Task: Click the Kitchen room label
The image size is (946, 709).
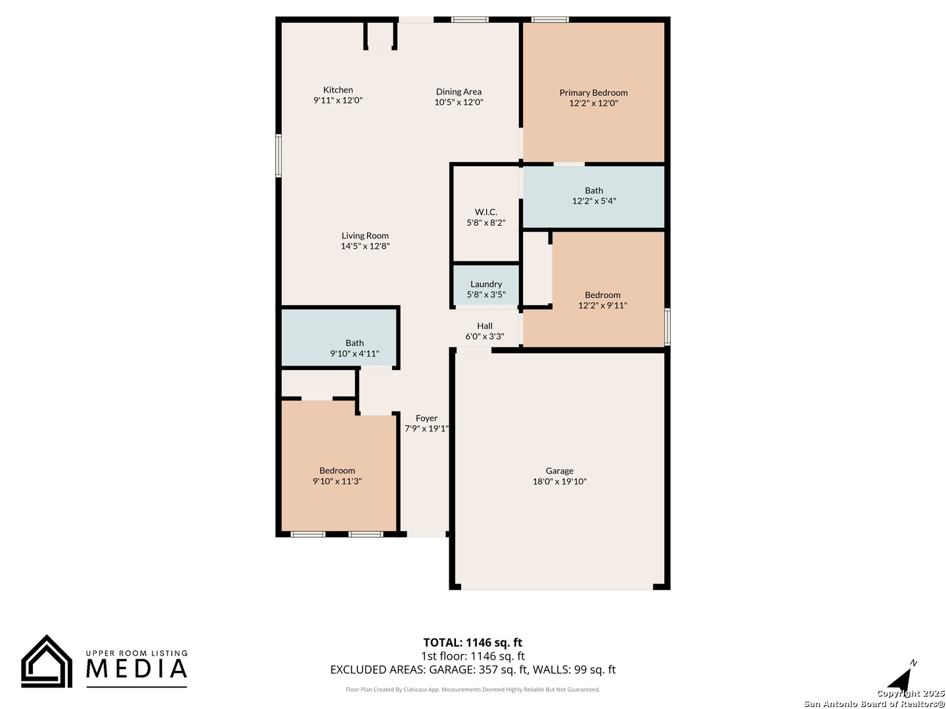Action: [x=338, y=90]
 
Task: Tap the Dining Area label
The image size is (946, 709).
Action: [x=459, y=92]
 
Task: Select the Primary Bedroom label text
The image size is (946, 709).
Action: [x=593, y=93]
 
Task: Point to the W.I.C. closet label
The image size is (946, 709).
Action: [x=486, y=212]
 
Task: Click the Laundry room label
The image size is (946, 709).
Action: [x=486, y=284]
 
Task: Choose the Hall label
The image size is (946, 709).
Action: [x=485, y=326]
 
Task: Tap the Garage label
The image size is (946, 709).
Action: [x=560, y=471]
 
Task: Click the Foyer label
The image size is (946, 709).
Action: [x=426, y=418]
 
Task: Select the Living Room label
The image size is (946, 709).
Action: [x=365, y=236]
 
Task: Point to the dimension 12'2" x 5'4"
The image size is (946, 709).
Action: [x=594, y=201]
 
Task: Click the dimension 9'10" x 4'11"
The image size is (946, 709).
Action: [x=355, y=354]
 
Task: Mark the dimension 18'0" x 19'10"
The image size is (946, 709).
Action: [x=560, y=482]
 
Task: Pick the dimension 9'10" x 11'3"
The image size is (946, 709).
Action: [x=337, y=481]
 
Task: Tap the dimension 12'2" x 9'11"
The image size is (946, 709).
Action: [x=602, y=306]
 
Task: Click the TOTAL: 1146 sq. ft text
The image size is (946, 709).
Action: [x=473, y=643]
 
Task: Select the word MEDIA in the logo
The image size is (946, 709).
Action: [x=137, y=668]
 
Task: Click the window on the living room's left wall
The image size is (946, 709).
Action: [x=279, y=156]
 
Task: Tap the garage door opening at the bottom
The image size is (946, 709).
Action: [x=557, y=587]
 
